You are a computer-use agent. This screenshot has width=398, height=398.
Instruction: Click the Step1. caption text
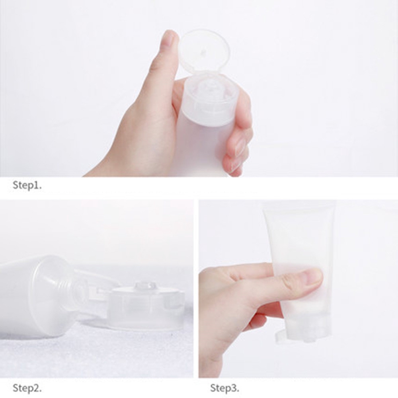[x=27, y=185]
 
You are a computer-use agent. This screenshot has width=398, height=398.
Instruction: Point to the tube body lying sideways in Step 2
[x=32, y=295]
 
